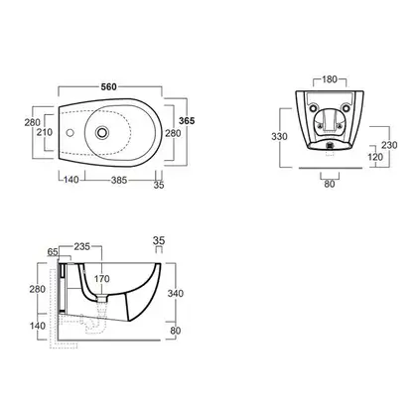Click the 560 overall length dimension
pos(109,86)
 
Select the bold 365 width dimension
pos(187,121)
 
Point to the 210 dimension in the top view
pos(45,132)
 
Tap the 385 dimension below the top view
pos(119,180)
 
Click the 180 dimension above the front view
pos(330,79)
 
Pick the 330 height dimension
pos(279,136)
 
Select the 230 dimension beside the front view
pos(389,145)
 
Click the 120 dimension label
pos(375,157)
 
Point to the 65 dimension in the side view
pos(53,252)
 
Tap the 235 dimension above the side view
pos(82,246)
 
